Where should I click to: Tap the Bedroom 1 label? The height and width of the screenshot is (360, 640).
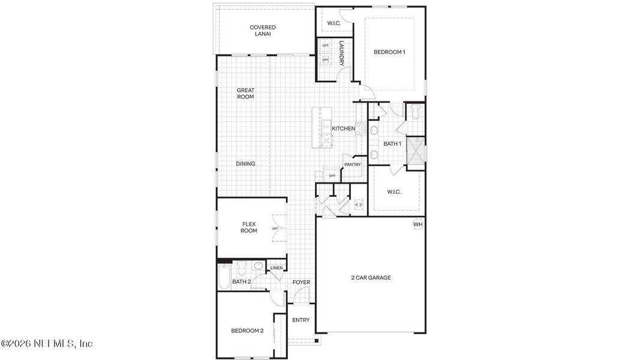tap(389, 52)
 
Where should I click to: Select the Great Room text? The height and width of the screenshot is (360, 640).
tap(245, 94)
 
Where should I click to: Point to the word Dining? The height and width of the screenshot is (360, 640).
tap(245, 164)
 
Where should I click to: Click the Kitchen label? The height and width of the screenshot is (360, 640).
tap(344, 129)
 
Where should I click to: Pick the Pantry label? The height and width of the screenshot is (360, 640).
tap(352, 164)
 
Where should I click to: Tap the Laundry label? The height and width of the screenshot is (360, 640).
tap(341, 53)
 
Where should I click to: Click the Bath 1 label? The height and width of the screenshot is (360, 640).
tap(392, 144)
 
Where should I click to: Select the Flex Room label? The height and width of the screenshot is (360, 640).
tap(249, 227)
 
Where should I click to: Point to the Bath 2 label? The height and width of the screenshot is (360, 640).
tap(241, 281)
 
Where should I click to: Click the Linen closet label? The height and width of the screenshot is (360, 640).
tap(276, 268)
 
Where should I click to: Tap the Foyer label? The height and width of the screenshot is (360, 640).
tap(301, 282)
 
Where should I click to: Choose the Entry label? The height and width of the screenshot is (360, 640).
tap(301, 320)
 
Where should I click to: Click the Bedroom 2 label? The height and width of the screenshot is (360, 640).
tap(247, 331)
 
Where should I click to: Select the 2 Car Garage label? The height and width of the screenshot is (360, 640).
tap(371, 278)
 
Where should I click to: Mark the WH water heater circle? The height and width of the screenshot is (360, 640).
tap(418, 224)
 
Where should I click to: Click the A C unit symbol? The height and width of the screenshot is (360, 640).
tap(359, 205)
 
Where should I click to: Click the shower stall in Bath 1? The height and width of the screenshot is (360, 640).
tap(414, 151)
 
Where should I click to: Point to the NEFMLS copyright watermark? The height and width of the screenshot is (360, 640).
tap(47, 344)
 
